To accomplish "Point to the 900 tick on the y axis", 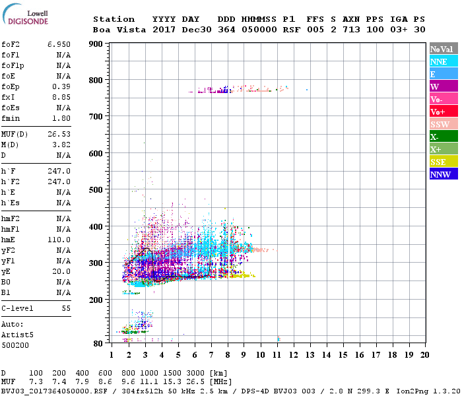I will tap(96, 44).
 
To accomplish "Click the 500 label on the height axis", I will tap(96, 190).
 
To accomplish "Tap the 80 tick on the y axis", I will tap(98, 343).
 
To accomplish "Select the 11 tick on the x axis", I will tap(277, 355).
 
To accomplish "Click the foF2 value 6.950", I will tap(59, 44).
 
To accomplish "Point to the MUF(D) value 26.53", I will tap(59, 133).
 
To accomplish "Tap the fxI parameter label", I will tap(9, 97).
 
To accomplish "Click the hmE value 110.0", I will tap(59, 240).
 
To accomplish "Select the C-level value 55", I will tap(66, 308).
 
